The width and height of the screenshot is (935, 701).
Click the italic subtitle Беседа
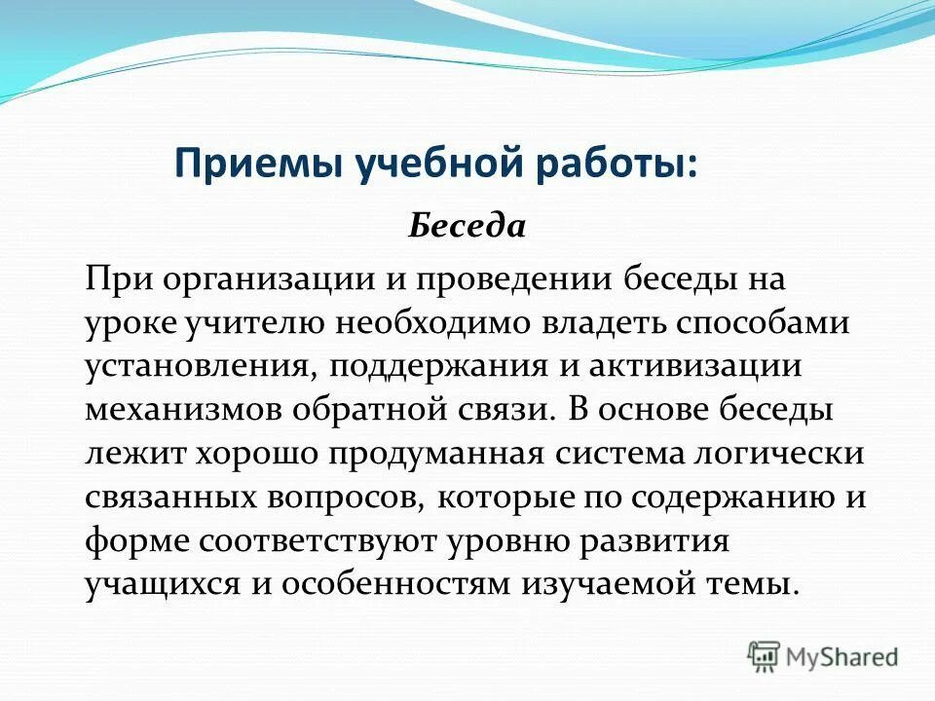[467, 227]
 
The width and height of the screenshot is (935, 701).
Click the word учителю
[258, 324]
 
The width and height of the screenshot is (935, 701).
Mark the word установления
[197, 367]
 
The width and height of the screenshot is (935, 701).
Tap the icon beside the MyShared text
[764, 656]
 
